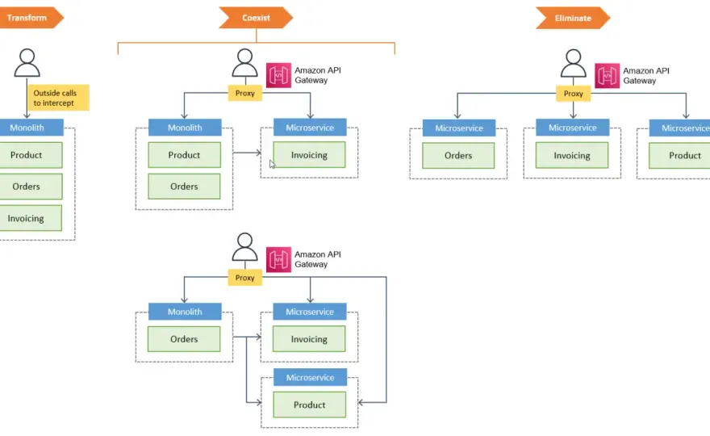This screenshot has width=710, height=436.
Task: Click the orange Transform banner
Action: (x=29, y=18)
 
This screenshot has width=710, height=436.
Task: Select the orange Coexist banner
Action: (x=256, y=18)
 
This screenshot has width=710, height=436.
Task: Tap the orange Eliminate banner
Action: (x=573, y=18)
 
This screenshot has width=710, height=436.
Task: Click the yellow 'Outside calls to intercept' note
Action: (x=58, y=98)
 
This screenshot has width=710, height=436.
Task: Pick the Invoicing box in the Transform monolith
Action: (x=30, y=218)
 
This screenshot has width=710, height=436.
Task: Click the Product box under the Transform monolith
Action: (x=30, y=155)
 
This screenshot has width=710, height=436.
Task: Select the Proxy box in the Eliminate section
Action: (x=574, y=94)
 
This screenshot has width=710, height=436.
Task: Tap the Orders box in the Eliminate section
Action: (x=458, y=156)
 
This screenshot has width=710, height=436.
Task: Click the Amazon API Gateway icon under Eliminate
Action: (x=607, y=76)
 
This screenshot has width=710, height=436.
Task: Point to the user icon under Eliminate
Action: (x=574, y=64)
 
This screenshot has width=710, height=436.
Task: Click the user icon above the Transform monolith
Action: (x=27, y=63)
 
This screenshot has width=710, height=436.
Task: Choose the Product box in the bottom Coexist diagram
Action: (x=309, y=405)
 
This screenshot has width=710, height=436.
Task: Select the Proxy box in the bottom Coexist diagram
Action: (x=245, y=278)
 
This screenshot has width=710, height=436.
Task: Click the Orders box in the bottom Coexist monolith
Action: (x=184, y=339)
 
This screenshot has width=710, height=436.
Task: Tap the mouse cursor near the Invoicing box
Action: (x=272, y=164)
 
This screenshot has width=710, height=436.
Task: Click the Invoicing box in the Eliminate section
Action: (x=572, y=156)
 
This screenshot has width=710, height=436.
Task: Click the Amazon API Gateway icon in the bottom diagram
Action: (x=278, y=259)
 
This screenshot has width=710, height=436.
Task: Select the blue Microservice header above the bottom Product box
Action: (x=310, y=378)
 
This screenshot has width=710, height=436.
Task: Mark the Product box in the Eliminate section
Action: (x=679, y=156)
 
